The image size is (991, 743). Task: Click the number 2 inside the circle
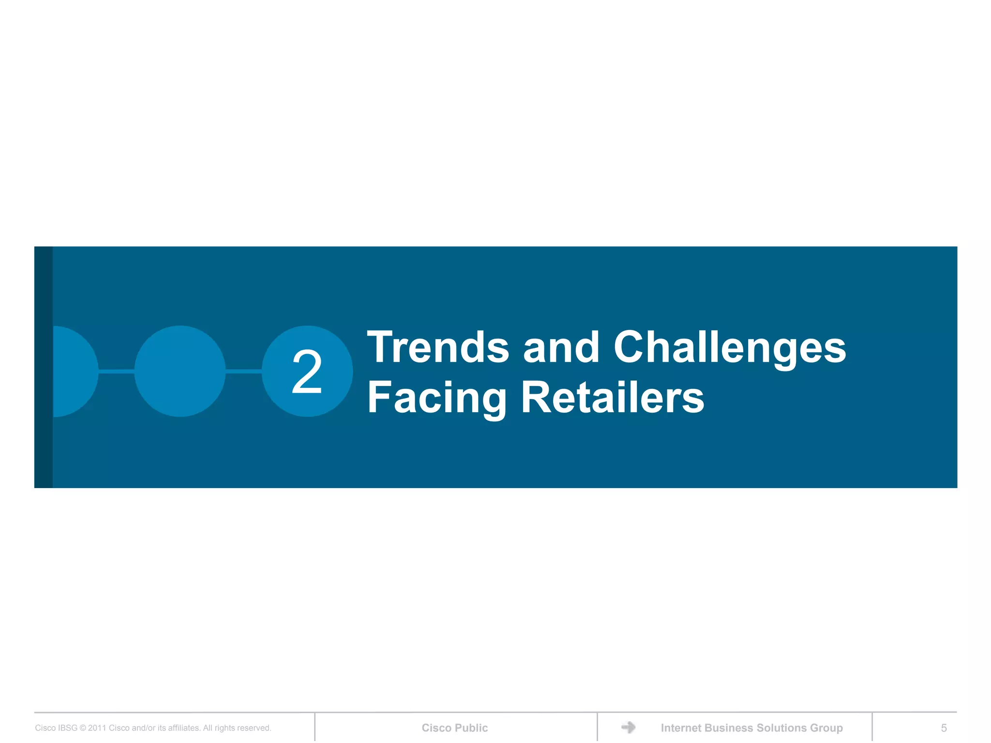307,371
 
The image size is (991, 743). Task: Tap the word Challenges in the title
730,348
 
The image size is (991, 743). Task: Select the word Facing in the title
437,398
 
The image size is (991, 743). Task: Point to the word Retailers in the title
612,398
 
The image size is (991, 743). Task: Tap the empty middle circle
180,371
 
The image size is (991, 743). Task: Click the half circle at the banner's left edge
74,371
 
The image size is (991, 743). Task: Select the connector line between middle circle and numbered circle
243,371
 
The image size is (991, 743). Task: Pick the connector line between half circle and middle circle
116,371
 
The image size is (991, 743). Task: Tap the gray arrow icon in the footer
628,727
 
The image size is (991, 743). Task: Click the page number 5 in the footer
944,728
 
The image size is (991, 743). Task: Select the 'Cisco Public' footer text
454,728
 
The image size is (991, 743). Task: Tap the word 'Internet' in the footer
681,728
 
